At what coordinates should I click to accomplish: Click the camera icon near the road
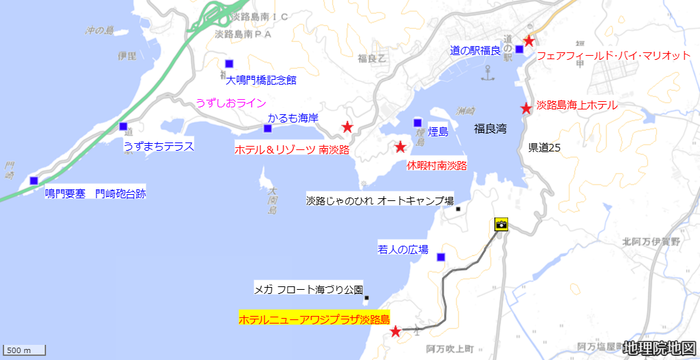coord(500,224)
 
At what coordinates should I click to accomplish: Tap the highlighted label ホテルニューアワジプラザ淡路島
coord(313,319)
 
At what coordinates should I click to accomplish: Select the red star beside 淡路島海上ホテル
coord(526,107)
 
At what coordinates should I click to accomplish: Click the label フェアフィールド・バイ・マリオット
coord(613,56)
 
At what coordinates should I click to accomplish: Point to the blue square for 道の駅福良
coord(519,49)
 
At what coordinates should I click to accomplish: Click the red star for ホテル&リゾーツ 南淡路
coord(347,127)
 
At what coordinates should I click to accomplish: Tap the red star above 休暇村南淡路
coord(399,146)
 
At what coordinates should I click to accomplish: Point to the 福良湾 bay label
coord(490,128)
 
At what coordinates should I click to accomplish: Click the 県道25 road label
coord(545,148)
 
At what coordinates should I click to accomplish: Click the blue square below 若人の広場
coord(441,257)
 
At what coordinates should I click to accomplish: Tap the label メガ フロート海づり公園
coord(308,288)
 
